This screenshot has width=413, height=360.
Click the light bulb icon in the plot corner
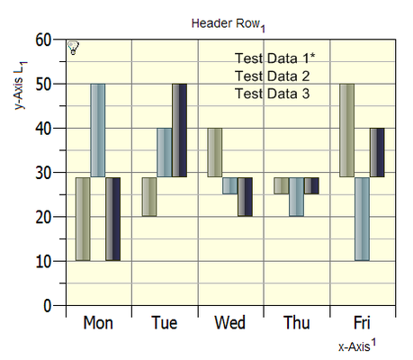click(73, 48)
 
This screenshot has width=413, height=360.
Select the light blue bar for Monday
click(98, 130)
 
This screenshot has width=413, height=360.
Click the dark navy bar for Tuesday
click(179, 130)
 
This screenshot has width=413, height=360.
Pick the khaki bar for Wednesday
click(215, 153)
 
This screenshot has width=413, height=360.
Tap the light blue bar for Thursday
click(296, 197)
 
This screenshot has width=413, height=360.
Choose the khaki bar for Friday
click(346, 130)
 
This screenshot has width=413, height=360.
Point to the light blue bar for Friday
click(362, 219)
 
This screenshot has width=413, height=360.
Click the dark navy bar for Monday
click(112, 219)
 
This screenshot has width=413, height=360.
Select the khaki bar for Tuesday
click(149, 197)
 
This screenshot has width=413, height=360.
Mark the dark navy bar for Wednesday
click(245, 197)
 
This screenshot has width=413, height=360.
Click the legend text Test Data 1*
click(274, 58)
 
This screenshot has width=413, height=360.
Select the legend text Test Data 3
click(272, 94)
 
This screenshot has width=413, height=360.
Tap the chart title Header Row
click(226, 23)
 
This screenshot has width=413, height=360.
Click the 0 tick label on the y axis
click(48, 306)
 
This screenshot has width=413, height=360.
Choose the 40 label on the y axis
click(43, 129)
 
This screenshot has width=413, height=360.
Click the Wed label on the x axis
click(230, 323)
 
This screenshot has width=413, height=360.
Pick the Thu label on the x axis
click(297, 323)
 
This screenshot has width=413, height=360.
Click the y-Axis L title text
click(19, 85)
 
